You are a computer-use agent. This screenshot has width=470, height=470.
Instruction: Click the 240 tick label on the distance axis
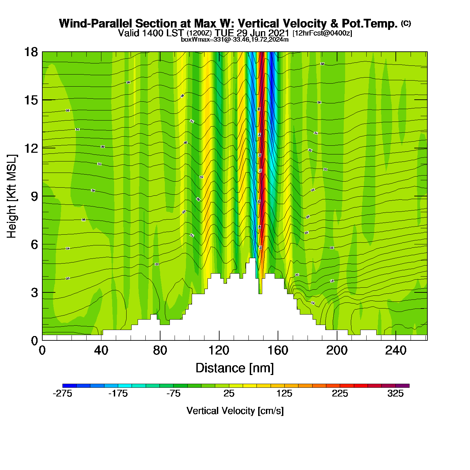click(396, 350)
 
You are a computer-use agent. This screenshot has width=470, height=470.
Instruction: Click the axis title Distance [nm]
click(235, 368)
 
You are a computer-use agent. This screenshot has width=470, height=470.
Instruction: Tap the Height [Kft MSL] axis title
click(12, 196)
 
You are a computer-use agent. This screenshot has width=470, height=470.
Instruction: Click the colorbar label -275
click(62, 393)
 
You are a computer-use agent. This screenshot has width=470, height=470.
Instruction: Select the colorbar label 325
click(395, 393)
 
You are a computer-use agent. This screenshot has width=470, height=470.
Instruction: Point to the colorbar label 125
click(284, 393)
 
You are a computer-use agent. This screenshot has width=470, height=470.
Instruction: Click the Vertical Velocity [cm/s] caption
click(235, 411)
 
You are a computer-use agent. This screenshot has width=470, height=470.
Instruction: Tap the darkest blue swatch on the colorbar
click(69, 386)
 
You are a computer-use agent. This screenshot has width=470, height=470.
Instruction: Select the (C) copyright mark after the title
click(406, 23)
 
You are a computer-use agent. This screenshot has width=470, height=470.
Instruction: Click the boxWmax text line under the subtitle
click(235, 39)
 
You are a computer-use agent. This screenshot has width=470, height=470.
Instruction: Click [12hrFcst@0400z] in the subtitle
click(322, 33)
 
